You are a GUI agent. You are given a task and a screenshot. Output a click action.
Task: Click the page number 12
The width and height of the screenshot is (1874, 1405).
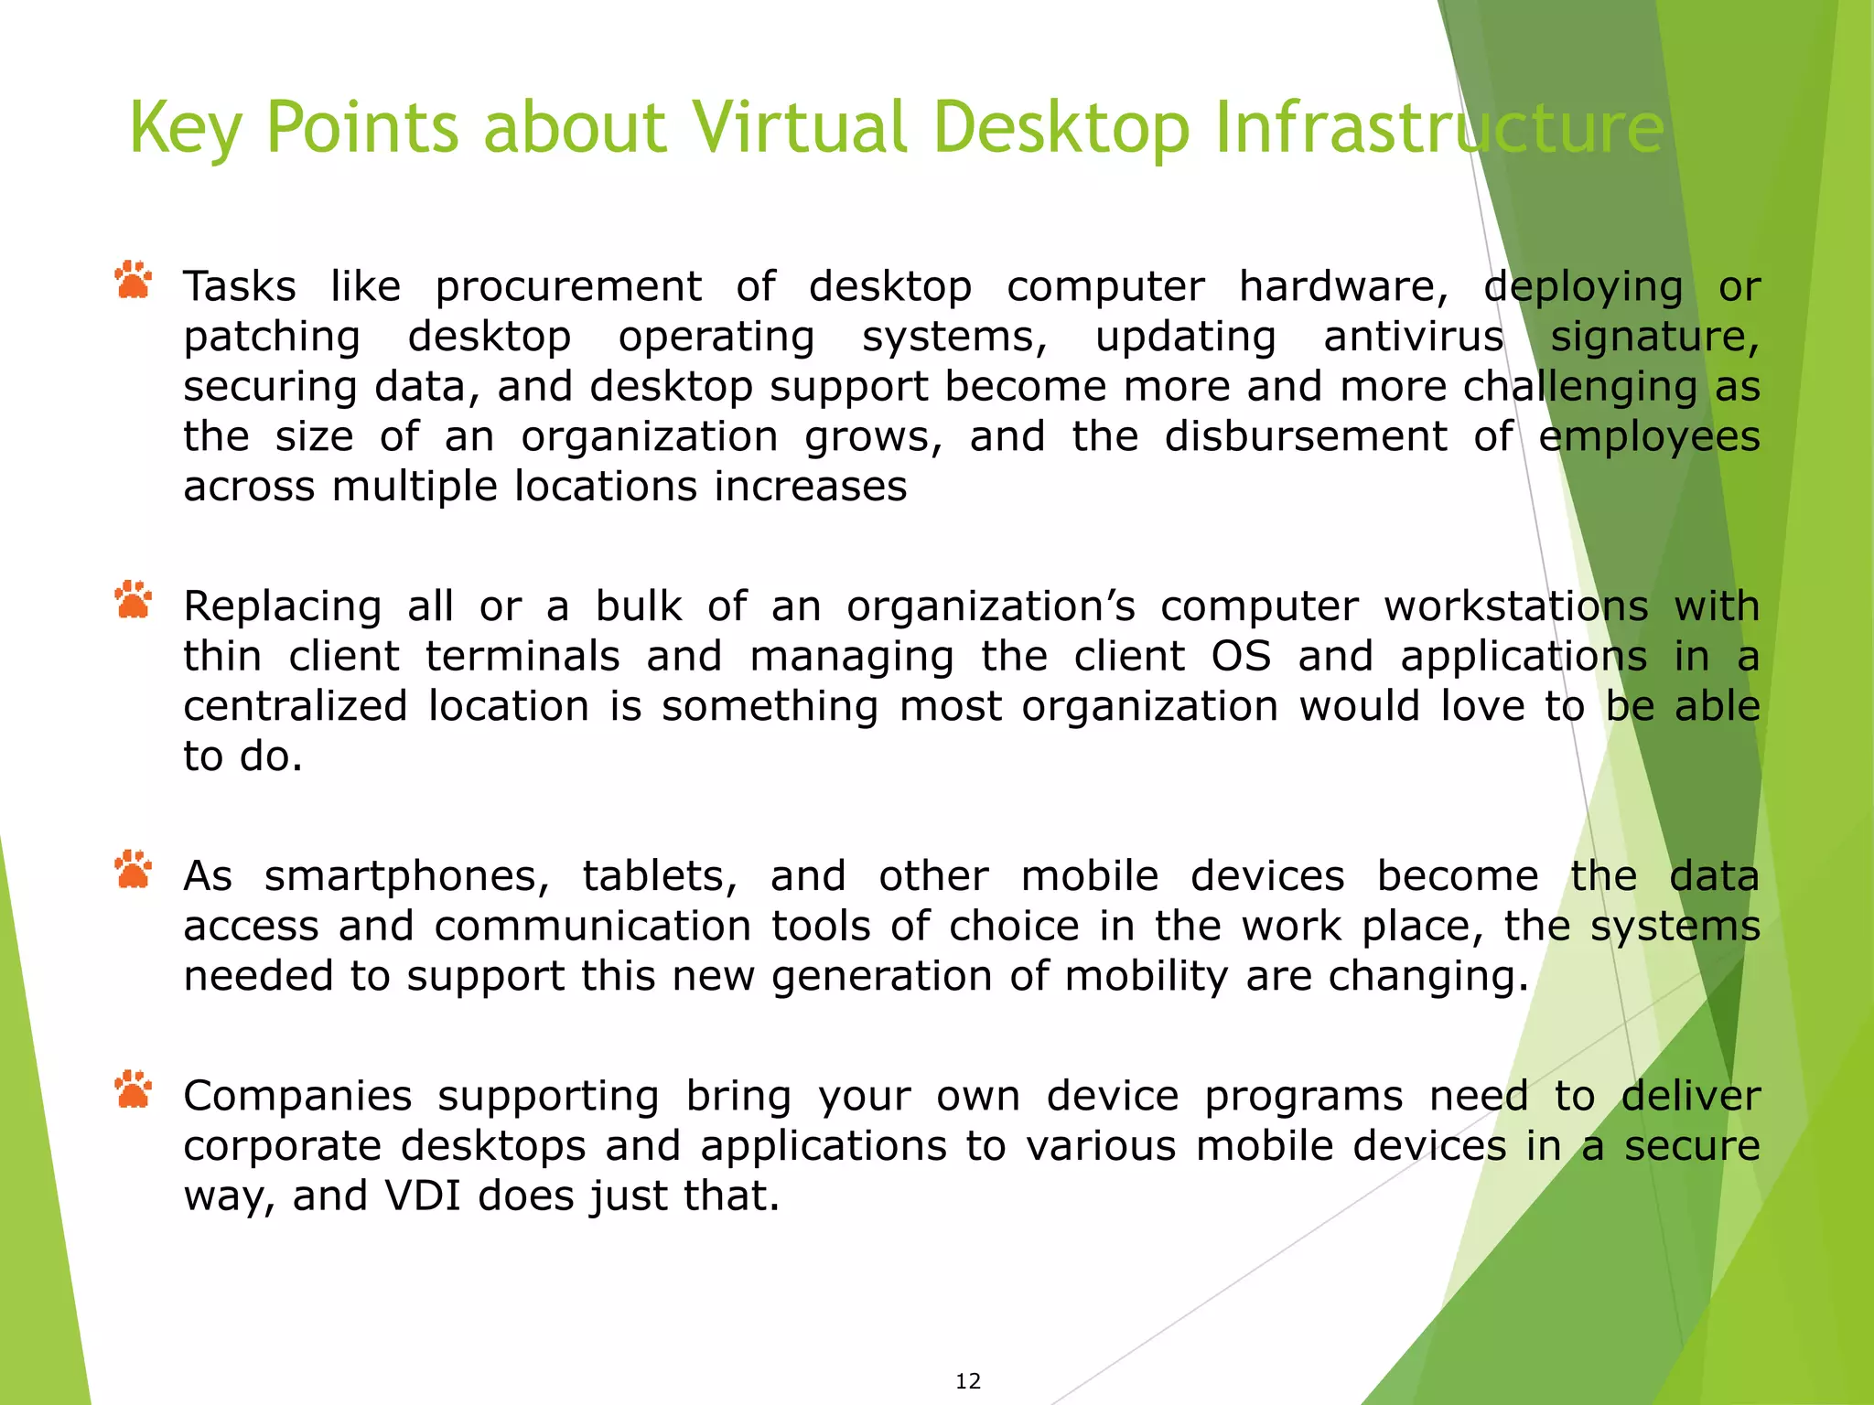click(968, 1381)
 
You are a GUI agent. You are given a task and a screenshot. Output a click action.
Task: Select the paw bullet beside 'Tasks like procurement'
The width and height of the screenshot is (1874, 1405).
click(134, 281)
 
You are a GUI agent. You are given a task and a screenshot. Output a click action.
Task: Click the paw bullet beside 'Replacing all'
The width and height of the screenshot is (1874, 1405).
click(134, 600)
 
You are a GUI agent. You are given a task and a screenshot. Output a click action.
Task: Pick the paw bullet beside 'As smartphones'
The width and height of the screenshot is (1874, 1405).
click(134, 870)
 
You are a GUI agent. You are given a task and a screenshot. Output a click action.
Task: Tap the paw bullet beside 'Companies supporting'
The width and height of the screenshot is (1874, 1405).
click(134, 1089)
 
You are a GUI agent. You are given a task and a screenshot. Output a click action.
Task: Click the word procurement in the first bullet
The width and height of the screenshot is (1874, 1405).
click(568, 287)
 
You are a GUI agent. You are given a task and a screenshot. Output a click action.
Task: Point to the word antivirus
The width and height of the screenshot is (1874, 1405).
click(1413, 337)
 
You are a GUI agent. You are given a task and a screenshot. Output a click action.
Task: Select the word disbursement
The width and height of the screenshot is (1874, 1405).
click(1305, 436)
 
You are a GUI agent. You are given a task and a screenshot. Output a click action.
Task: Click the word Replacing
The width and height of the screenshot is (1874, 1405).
click(282, 606)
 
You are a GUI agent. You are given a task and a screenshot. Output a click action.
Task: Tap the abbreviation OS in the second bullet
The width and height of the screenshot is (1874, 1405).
click(1241, 657)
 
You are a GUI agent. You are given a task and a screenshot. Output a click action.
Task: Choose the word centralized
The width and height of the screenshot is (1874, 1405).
click(295, 706)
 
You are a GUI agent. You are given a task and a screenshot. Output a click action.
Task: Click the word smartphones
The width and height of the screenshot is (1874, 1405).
click(406, 876)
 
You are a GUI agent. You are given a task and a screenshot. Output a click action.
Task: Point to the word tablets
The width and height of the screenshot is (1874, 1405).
click(660, 876)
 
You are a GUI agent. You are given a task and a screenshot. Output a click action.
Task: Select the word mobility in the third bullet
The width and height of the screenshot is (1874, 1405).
click(1146, 977)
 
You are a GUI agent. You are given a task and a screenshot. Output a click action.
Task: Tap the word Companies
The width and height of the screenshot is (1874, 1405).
click(297, 1096)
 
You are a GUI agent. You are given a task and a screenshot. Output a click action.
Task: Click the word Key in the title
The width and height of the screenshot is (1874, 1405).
click(186, 129)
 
